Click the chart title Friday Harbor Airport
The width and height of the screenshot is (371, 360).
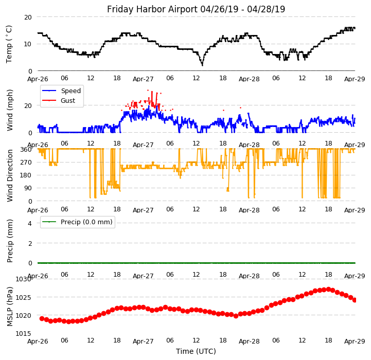[x=196, y=9]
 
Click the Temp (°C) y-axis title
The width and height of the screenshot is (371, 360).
[x=9, y=44]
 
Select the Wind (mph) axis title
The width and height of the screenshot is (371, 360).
[x=10, y=110]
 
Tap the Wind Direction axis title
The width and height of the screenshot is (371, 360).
[x=10, y=175]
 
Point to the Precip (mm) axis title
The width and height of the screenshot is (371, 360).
[x=10, y=240]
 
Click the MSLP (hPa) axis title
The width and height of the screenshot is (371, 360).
[x=10, y=306]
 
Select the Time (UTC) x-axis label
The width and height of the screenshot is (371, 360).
[x=196, y=351]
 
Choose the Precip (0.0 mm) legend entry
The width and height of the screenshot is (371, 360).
[x=83, y=222]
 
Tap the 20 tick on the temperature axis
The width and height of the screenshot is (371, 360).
[x=28, y=17]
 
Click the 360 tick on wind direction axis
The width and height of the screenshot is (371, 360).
[x=26, y=149]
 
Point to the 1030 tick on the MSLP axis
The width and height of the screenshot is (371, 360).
[x=24, y=279]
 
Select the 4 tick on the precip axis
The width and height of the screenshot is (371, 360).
[x=29, y=223]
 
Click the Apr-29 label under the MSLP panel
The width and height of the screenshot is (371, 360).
[x=355, y=341]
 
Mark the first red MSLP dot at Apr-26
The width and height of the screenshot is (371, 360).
[x=42, y=319]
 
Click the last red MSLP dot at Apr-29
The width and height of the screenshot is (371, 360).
[x=355, y=300]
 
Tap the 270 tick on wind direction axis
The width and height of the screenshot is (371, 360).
[x=26, y=162]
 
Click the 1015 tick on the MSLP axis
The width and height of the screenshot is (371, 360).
[x=24, y=334]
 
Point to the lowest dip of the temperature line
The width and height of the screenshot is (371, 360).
[x=202, y=65]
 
